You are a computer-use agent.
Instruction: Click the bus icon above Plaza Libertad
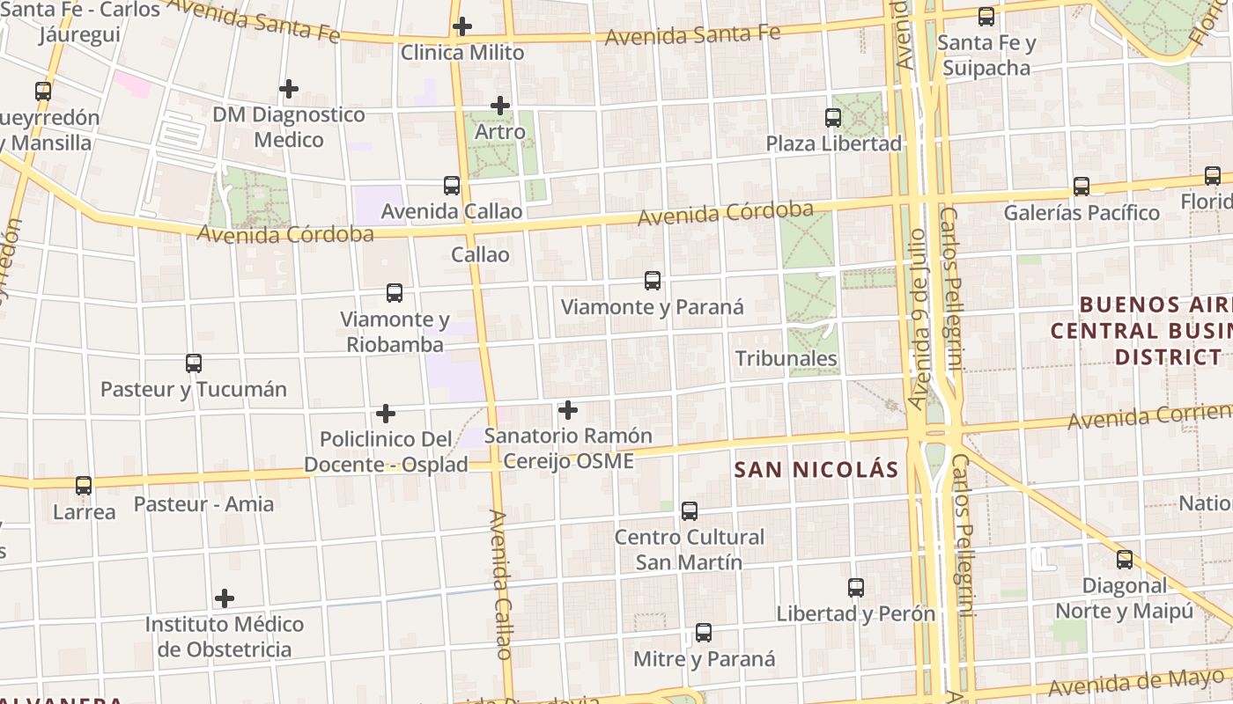click(833, 117)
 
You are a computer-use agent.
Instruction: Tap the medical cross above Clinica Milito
click(462, 26)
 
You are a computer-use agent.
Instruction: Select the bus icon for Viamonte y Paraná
click(653, 281)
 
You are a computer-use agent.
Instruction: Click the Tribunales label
click(786, 358)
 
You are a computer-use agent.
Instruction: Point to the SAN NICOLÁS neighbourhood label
click(816, 469)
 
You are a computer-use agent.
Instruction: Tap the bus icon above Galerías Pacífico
click(1082, 187)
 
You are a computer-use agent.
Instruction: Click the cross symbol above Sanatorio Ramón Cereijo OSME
click(568, 409)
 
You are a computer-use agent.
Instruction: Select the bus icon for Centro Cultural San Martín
click(690, 510)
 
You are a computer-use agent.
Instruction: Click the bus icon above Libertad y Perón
click(856, 588)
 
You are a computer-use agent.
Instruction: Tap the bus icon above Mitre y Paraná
click(704, 632)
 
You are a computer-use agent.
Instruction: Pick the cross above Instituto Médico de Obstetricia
click(225, 598)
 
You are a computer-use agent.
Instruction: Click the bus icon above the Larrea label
click(84, 485)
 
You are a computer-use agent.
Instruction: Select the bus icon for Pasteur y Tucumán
click(194, 363)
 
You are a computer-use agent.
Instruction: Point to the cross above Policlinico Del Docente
click(386, 413)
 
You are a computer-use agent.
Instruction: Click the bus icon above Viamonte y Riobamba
click(395, 292)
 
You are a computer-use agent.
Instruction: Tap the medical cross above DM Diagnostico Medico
click(289, 89)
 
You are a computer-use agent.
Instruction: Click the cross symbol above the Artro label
click(500, 106)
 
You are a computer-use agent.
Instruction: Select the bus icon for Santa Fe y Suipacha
click(986, 16)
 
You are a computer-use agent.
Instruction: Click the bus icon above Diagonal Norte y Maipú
click(1125, 559)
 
